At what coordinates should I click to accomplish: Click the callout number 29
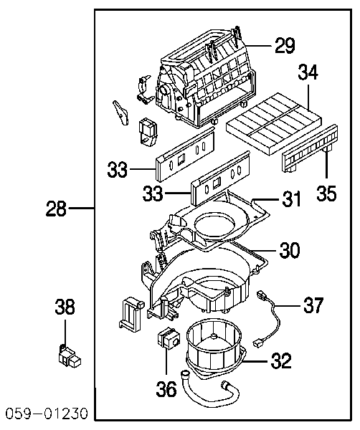(x=285, y=45)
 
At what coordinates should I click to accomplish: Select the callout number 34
(x=308, y=72)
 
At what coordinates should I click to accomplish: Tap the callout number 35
(x=326, y=193)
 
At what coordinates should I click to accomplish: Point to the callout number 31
(x=291, y=199)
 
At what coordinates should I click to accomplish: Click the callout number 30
(x=290, y=249)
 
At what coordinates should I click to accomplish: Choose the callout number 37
(x=313, y=305)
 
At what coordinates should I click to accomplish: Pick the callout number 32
(x=281, y=360)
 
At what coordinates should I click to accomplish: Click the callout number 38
(x=65, y=307)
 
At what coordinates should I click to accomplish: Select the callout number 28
(x=56, y=209)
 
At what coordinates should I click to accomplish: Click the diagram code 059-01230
(x=47, y=414)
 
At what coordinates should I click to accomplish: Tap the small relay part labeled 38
(x=69, y=356)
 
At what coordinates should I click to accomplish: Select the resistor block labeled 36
(x=168, y=338)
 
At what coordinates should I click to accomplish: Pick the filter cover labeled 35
(x=310, y=148)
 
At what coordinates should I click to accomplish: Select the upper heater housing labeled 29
(x=206, y=78)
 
